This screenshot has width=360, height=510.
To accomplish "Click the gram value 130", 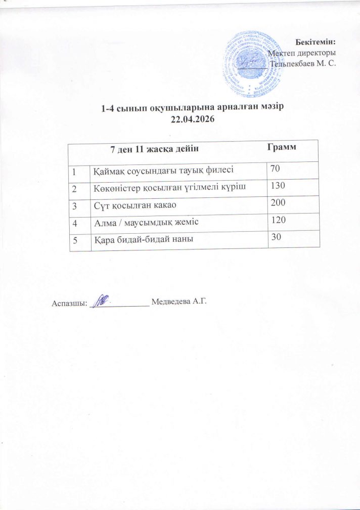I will [279, 186].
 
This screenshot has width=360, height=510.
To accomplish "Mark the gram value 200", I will [279, 203].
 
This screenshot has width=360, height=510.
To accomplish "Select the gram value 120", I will [279, 220].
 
